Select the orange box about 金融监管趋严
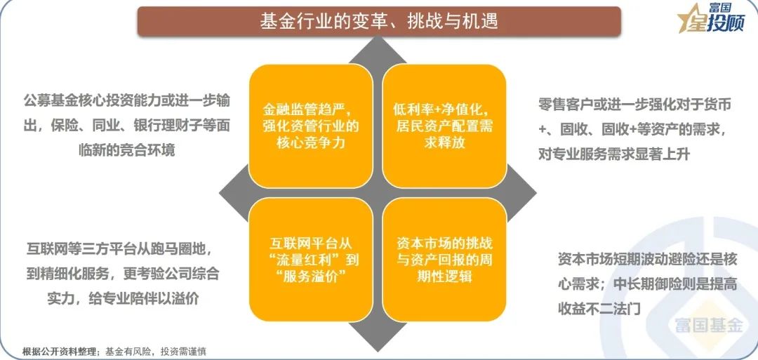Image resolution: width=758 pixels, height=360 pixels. pyautogui.click(x=310, y=126)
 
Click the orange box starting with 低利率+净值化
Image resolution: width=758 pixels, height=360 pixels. pyautogui.click(x=444, y=126)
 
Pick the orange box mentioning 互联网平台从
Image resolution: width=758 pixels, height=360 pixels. pyautogui.click(x=310, y=260)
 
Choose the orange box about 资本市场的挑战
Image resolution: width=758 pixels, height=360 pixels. pyautogui.click(x=444, y=260)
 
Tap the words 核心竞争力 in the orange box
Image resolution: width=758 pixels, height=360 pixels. pyautogui.click(x=311, y=143)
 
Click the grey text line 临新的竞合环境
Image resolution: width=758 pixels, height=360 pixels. pyautogui.click(x=126, y=149)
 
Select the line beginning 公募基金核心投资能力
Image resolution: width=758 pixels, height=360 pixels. pyautogui.click(x=126, y=101)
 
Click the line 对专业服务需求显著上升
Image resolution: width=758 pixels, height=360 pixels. pyautogui.click(x=614, y=154)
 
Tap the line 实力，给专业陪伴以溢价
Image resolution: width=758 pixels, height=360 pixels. pyautogui.click(x=123, y=299)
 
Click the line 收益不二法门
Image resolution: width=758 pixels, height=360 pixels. pyautogui.click(x=599, y=308)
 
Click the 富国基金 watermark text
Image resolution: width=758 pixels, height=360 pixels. pyautogui.click(x=709, y=325)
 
